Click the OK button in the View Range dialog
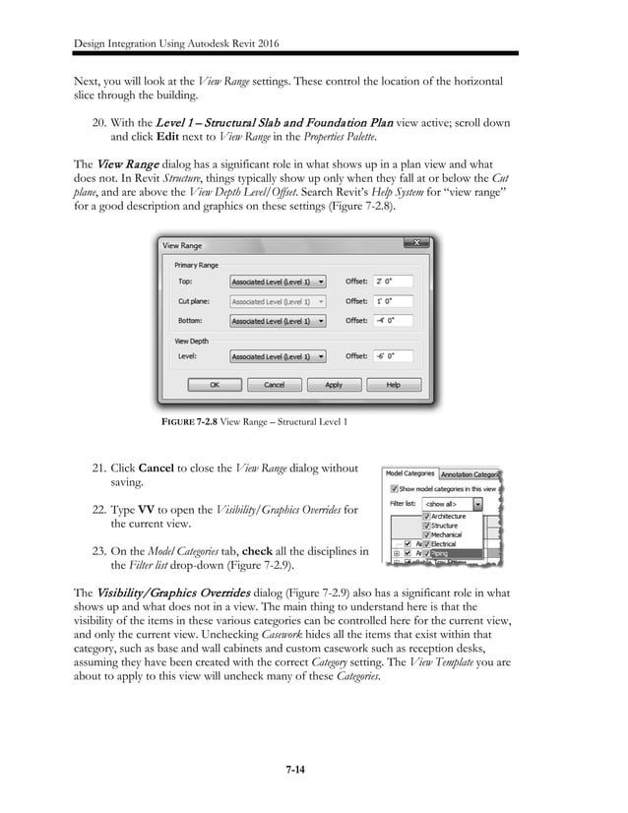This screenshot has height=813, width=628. pyautogui.click(x=214, y=385)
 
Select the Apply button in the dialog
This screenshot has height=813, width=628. pyautogui.click(x=334, y=385)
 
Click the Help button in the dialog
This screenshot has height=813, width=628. pyautogui.click(x=393, y=385)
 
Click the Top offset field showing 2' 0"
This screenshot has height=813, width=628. pyautogui.click(x=393, y=280)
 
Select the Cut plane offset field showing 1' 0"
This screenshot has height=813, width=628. pyautogui.click(x=393, y=300)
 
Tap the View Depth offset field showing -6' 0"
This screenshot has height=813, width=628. pyautogui.click(x=393, y=356)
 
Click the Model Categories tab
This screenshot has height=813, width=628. pyautogui.click(x=409, y=473)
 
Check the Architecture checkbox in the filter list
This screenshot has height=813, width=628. pyautogui.click(x=426, y=516)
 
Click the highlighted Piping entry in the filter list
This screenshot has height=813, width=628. pyautogui.click(x=439, y=554)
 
